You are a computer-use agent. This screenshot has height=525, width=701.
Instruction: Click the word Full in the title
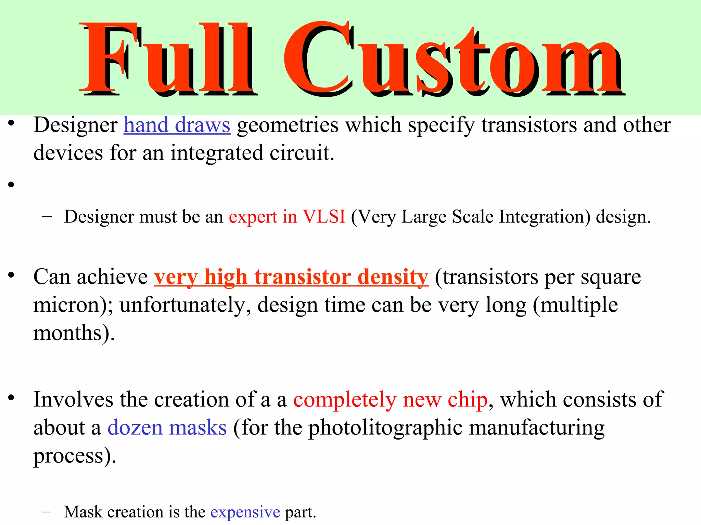tap(168, 58)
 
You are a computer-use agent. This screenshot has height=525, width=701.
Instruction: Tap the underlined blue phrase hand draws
tap(177, 125)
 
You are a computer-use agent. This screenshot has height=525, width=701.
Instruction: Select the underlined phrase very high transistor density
tap(291, 277)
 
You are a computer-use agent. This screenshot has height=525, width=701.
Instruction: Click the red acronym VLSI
tap(324, 217)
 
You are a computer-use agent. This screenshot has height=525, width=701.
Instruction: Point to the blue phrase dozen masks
tap(167, 428)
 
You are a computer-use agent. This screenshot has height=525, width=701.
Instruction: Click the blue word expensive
tap(245, 512)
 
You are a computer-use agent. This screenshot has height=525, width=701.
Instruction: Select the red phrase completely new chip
tap(390, 400)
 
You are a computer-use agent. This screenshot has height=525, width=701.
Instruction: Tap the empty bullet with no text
tap(11, 185)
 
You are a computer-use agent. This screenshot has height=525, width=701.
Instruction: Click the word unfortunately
tap(185, 305)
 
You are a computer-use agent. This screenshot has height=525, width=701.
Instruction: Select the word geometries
tap(287, 125)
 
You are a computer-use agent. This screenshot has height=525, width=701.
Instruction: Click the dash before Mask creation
tap(46, 512)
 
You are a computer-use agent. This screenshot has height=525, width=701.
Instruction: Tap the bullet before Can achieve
tap(11, 275)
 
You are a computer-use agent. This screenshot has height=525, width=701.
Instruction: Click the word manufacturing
tap(536, 428)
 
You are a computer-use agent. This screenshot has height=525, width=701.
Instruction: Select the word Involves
tap(73, 400)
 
